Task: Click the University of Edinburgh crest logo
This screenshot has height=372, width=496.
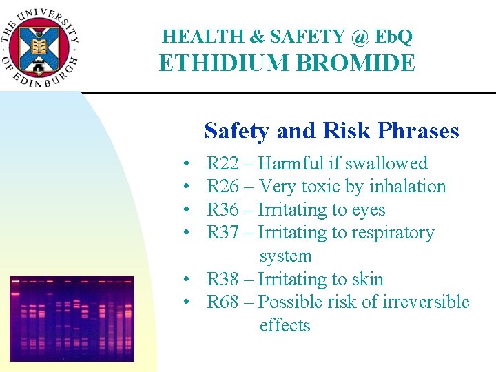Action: pos(41,45)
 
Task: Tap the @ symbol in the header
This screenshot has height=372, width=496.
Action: pos(360,36)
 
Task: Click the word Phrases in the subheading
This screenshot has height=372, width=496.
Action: pos(421,131)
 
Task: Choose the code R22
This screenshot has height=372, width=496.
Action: pos(223,164)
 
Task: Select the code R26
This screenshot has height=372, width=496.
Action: pos(223,187)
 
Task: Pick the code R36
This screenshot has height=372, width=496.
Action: pos(223,210)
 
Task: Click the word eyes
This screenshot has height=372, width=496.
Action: pos(370,210)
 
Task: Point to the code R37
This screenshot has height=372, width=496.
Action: pos(223,233)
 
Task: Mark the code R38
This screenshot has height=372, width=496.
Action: pos(223,280)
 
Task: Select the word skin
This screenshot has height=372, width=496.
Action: pos(368,280)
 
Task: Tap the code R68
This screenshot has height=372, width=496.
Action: pos(223,302)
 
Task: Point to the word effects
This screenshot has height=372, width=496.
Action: pos(285,326)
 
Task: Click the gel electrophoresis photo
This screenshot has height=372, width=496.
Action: pos(72,318)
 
